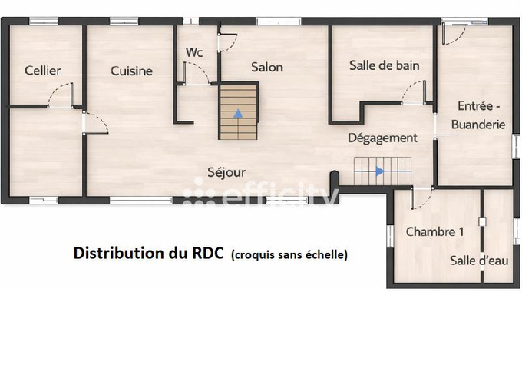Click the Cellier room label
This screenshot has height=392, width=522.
tap(42, 71)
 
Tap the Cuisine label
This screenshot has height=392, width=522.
tap(131, 71)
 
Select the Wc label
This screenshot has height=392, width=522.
tap(194, 52)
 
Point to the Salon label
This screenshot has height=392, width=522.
tap(267, 68)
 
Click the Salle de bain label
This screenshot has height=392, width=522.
tap(384, 65)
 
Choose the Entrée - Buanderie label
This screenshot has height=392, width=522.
tap(478, 115)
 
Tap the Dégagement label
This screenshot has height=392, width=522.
tap(382, 138)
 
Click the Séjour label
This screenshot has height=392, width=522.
tap(226, 172)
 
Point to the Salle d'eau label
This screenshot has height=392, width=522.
tap(479, 261)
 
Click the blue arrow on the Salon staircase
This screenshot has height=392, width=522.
tap(238, 113)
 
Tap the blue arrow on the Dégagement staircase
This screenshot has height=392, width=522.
tap(379, 171)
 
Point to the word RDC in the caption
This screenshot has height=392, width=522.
tap(210, 253)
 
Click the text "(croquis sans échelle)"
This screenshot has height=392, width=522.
tap(289, 254)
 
